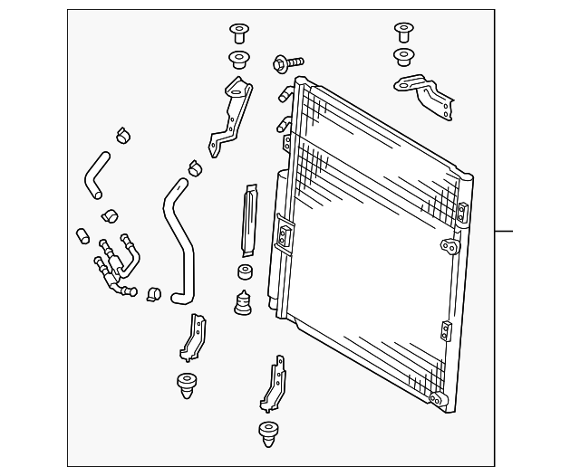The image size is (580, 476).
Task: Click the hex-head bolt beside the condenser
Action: tap(281, 64)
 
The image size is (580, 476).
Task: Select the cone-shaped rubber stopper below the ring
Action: tap(243, 302)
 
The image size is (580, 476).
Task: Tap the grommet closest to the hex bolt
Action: tap(239, 61)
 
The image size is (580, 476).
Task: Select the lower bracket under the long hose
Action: tap(193, 338)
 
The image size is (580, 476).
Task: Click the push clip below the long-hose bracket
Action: tap(187, 385)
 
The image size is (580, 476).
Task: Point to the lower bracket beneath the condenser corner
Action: tap(273, 386)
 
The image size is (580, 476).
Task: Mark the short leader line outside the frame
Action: tap(504, 232)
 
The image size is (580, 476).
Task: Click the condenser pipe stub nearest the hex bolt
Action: tap(286, 93)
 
